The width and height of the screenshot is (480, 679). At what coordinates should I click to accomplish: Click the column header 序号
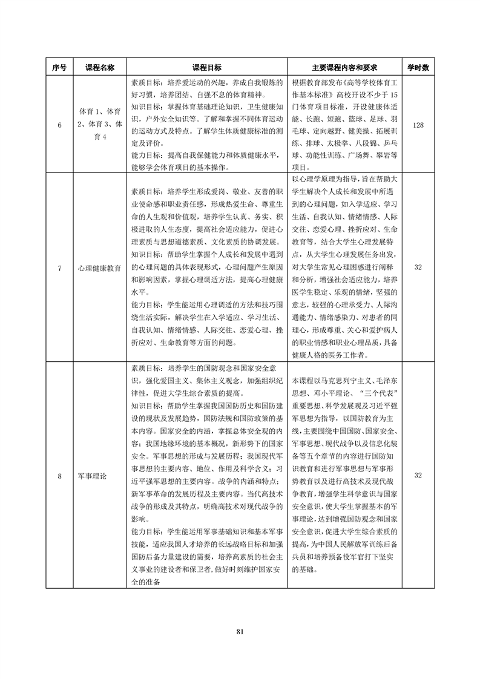pos(59,68)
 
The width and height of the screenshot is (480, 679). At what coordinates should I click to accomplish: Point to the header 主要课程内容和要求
pos(344,68)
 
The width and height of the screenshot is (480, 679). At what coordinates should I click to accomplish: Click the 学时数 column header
pos(418,68)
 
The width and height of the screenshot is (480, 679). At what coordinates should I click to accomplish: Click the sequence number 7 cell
pos(59,267)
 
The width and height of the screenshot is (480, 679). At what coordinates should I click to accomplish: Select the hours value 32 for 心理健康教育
pos(418,267)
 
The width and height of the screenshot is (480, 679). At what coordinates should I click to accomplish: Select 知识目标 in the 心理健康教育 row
pos(148,255)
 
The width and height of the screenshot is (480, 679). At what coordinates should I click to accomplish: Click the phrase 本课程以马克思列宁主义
pos(332,381)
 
